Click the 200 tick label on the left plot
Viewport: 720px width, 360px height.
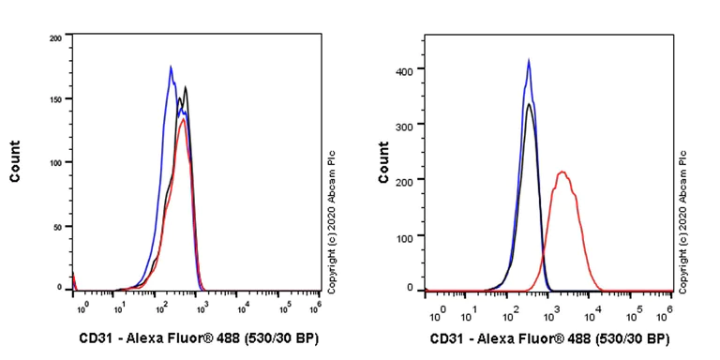(55, 38)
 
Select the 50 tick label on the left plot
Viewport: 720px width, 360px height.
(58, 227)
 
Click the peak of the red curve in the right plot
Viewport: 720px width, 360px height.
(562, 172)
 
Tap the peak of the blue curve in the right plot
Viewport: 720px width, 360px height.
(529, 61)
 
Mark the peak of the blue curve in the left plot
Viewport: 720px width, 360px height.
(171, 66)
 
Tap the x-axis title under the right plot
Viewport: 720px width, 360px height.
(551, 338)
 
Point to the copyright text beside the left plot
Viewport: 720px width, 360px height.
(331, 210)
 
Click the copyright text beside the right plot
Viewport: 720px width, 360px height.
(684, 221)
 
